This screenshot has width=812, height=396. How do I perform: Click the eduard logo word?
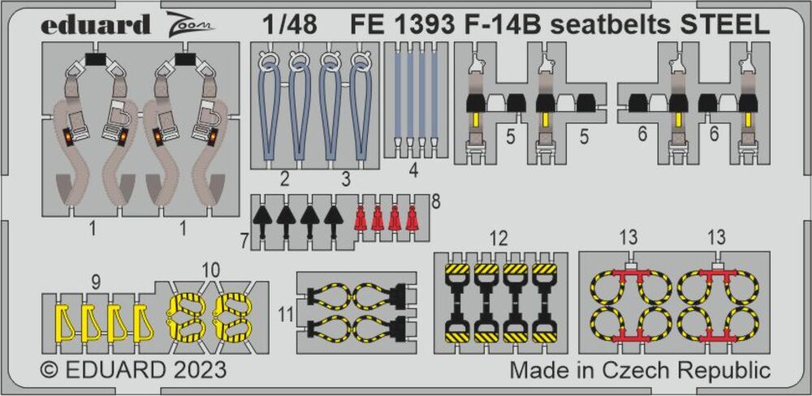pos(95,24)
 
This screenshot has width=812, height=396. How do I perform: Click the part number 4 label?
pos(412,171)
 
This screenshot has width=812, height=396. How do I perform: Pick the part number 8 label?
pos(435,201)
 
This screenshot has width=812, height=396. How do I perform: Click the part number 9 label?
pos(95,282)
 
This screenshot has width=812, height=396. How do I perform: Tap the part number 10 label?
pos(211,269)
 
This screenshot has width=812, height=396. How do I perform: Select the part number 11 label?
pos(285,314)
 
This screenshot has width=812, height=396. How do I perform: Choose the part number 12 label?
pos(499,239)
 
